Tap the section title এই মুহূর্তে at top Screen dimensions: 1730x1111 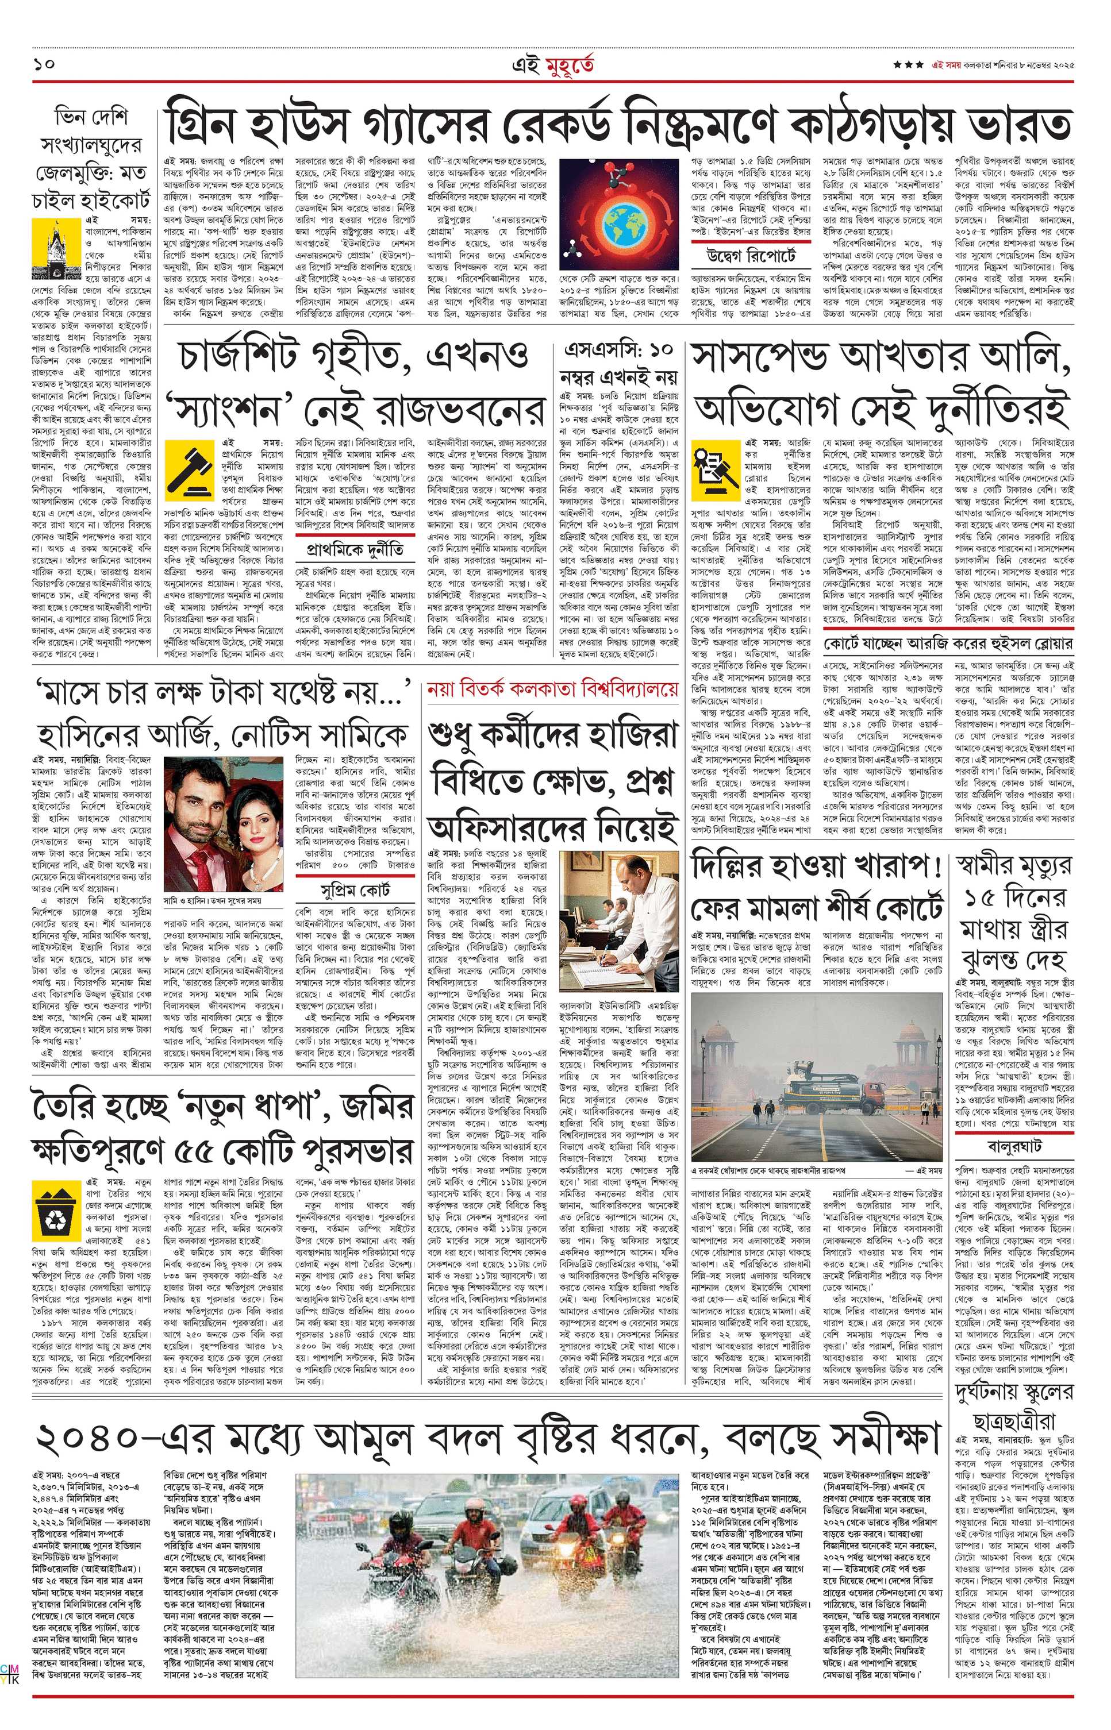555,65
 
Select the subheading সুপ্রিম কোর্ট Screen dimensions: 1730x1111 356,890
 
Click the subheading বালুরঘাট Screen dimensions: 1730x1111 1014,1145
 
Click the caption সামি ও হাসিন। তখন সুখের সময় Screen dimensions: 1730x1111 213,901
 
